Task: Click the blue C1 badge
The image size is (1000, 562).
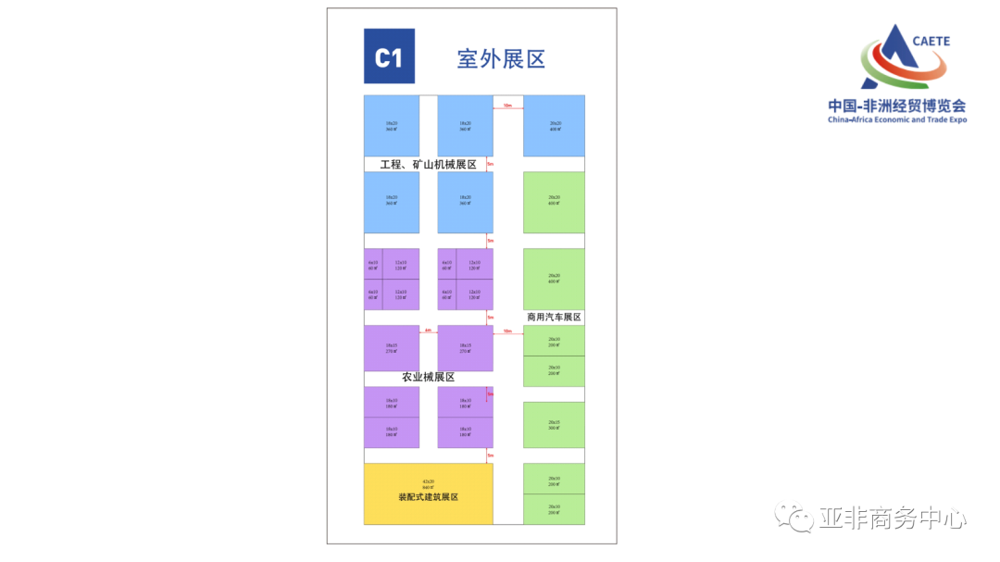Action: pos(389,56)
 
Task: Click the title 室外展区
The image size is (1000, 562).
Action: pos(501,58)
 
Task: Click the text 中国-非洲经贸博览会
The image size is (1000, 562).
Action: pos(896,106)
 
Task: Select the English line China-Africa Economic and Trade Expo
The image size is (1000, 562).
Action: pos(896,119)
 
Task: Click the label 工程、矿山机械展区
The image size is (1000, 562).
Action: pos(428,165)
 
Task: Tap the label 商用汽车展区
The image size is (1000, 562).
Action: pos(554,317)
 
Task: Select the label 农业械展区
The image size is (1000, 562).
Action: pos(428,378)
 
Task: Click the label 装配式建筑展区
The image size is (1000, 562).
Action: pos(428,497)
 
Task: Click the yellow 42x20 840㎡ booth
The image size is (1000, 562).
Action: pos(428,483)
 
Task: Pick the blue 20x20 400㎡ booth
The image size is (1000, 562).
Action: pos(554,126)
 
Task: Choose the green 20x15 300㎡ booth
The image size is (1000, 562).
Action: pos(554,425)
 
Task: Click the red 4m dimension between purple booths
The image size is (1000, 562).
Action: pos(428,331)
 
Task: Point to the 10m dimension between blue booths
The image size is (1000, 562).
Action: pos(507,106)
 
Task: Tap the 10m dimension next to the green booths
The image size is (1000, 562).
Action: pos(507,331)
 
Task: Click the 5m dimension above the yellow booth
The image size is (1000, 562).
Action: pos(491,455)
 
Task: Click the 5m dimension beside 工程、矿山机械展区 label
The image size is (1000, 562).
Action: pos(491,165)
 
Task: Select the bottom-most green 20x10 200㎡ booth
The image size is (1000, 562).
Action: pos(554,508)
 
